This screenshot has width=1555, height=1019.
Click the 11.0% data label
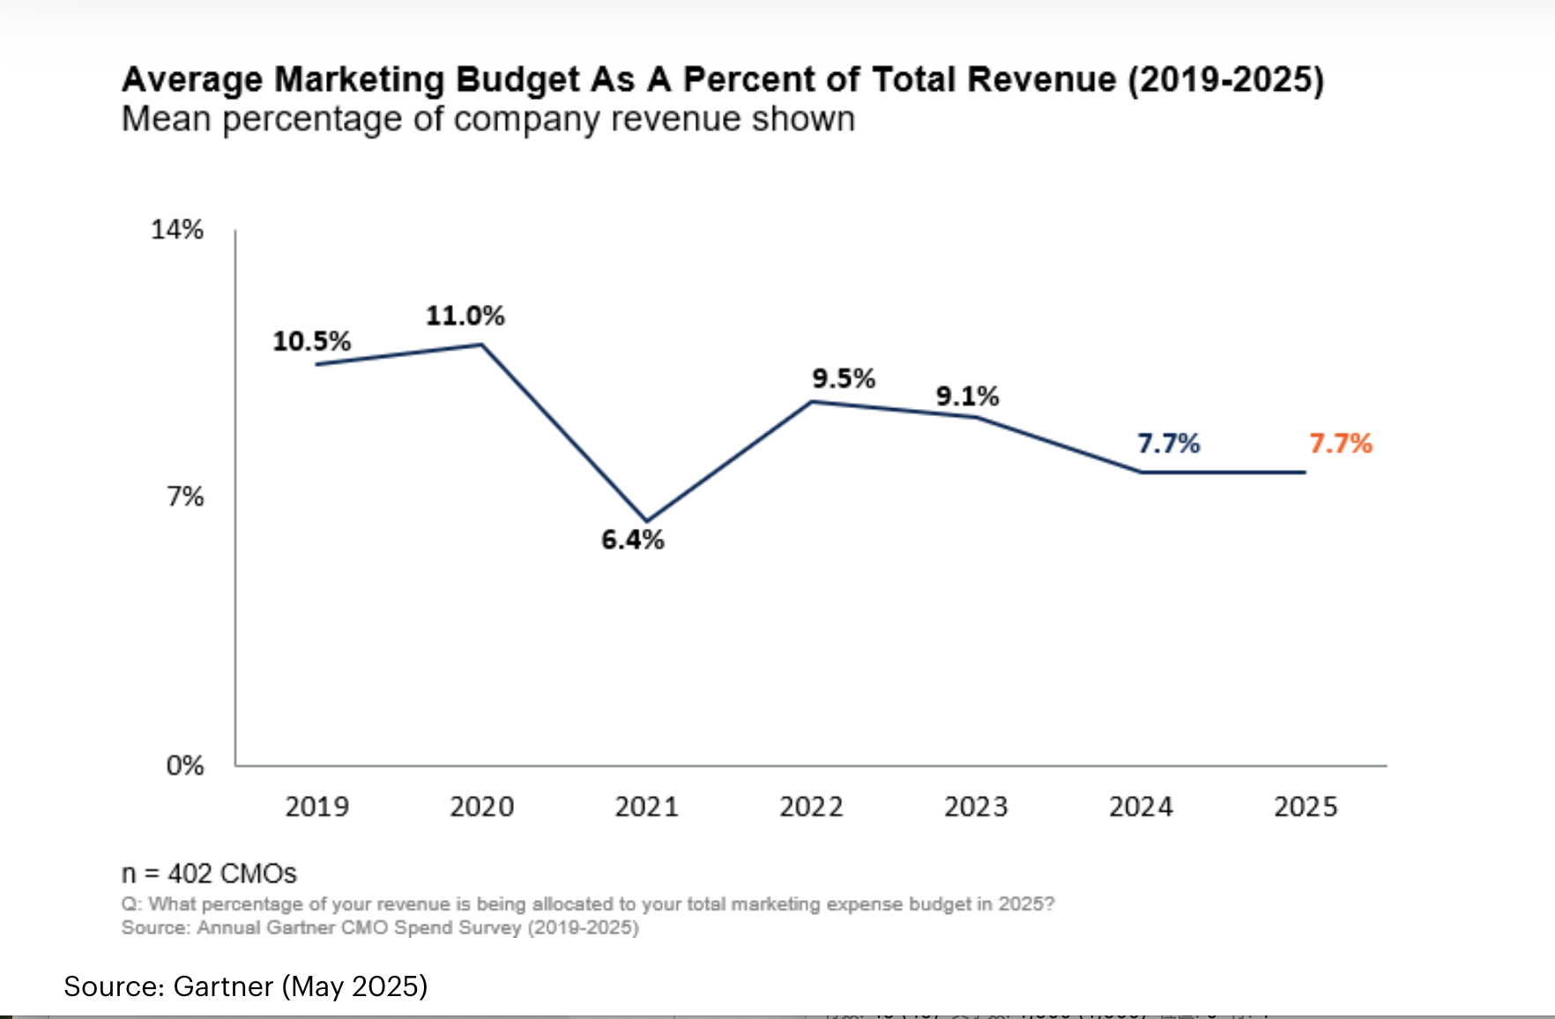[465, 316]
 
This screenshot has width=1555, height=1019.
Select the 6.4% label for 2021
[632, 539]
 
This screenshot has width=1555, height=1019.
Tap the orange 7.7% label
[1340, 443]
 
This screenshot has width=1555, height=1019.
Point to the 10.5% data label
[311, 341]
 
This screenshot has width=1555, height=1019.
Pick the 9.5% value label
[844, 379]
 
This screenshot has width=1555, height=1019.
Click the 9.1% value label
[967, 397]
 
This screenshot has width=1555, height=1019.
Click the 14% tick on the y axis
[177, 230]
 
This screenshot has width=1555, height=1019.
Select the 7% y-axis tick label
[185, 497]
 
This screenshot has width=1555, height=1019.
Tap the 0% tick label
[185, 765]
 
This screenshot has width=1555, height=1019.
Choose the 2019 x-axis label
[316, 807]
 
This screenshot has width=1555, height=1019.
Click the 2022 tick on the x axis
[811, 807]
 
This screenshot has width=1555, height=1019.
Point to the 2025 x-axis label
[1306, 807]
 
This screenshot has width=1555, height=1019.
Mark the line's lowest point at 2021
[647, 521]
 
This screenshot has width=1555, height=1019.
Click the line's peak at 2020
[482, 345]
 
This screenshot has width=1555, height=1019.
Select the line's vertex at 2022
[812, 402]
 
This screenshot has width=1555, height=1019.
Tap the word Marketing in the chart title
[359, 79]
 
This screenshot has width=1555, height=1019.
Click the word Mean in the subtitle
[167, 119]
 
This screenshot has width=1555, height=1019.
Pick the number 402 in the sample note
[190, 874]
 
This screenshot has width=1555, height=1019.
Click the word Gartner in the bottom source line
[223, 986]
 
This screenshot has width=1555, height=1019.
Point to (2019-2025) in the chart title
[1226, 79]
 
